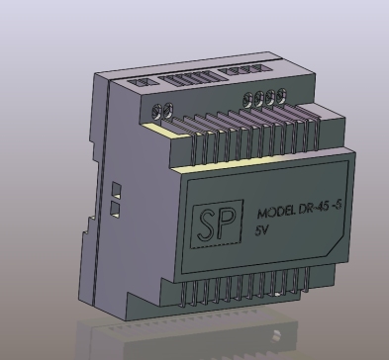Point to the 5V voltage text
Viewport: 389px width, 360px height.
(x=262, y=229)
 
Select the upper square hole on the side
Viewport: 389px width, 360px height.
(x=116, y=188)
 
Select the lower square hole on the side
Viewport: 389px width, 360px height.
(x=116, y=209)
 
